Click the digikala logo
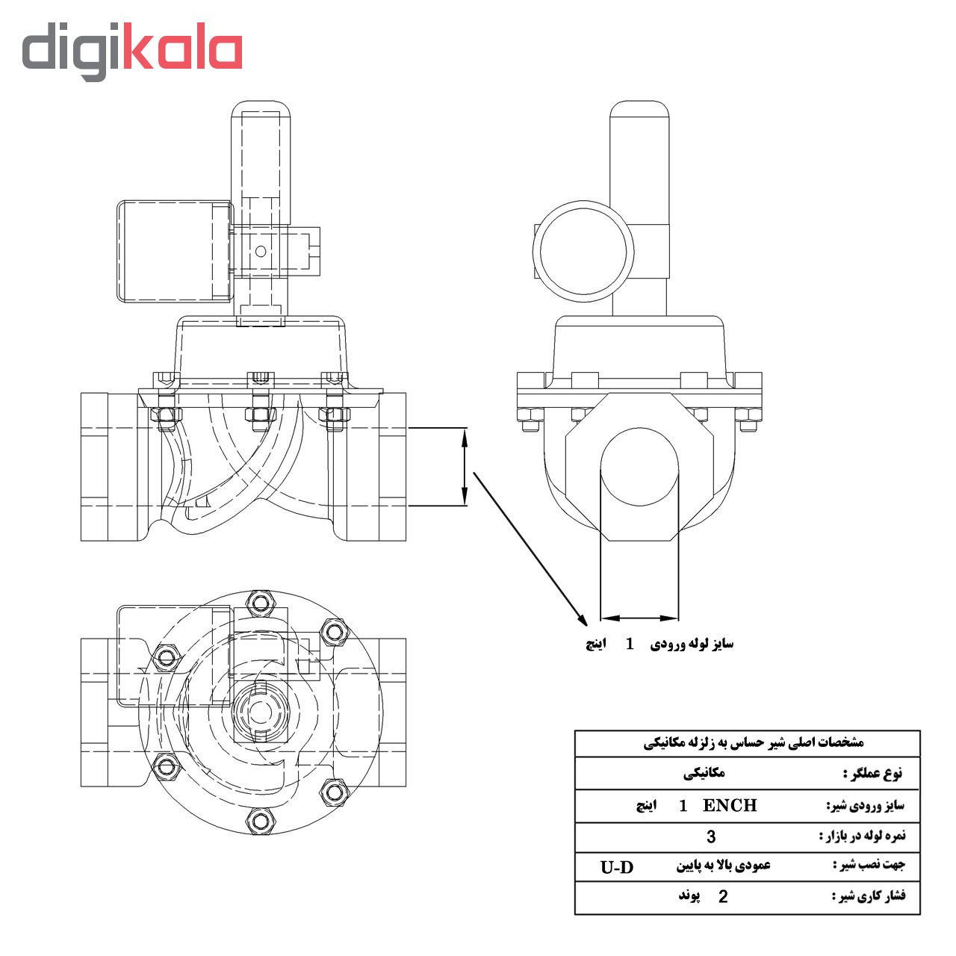[x=131, y=50]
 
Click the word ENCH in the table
[x=730, y=805]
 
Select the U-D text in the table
[x=617, y=867]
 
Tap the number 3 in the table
[x=711, y=836]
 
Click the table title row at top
[x=747, y=743]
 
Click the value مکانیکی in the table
[x=704, y=774]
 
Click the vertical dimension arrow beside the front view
[x=465, y=467]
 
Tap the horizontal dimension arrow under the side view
[x=639, y=618]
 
